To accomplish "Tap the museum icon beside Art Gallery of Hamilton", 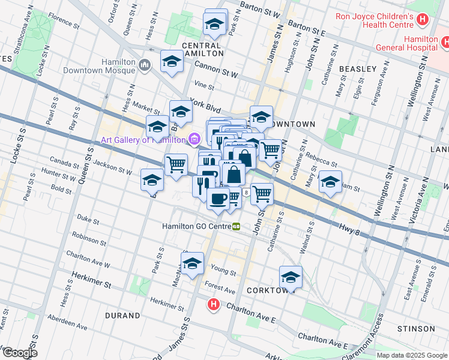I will [194, 140].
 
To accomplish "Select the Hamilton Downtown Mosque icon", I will [144, 65].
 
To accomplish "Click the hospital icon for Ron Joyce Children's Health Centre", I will [423, 19].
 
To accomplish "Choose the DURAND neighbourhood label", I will [122, 315].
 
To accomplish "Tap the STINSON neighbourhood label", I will [415, 329].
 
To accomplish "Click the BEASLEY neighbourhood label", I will [358, 69].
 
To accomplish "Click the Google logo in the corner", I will [19, 353].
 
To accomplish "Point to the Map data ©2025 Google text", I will [412, 355].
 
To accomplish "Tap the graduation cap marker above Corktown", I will [291, 277].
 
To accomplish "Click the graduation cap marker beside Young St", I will [192, 263].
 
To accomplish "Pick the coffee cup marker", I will [218, 198].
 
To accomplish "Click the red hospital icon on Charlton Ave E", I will [213, 305].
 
